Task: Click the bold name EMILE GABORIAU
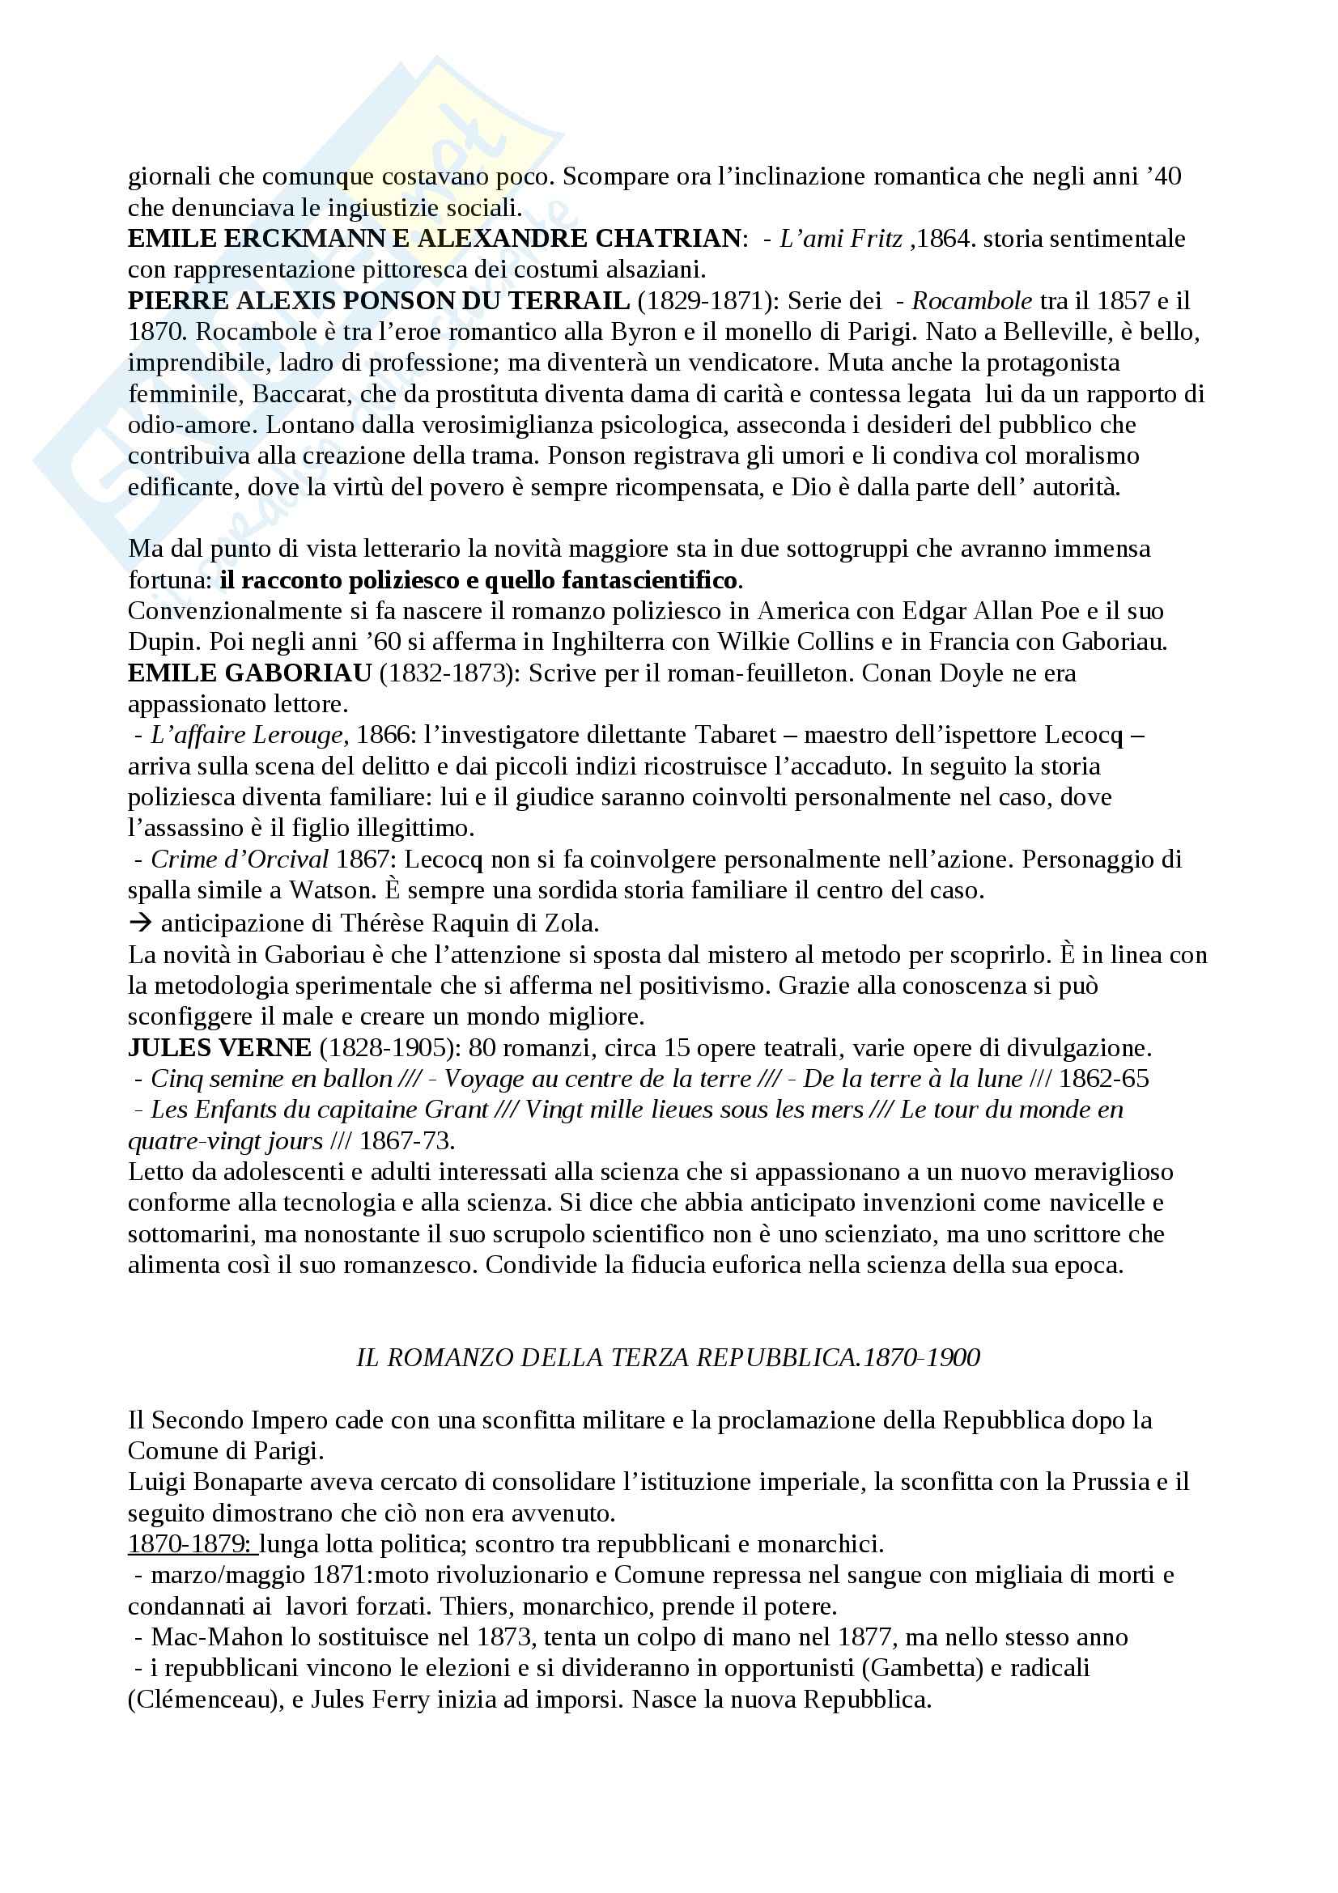click(250, 673)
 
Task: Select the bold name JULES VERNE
click(219, 1048)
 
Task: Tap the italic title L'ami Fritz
click(840, 239)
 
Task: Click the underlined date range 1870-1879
click(192, 1543)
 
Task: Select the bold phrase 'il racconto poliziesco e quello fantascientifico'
click(478, 580)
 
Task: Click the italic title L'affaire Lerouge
click(247, 735)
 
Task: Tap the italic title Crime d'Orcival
click(240, 859)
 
